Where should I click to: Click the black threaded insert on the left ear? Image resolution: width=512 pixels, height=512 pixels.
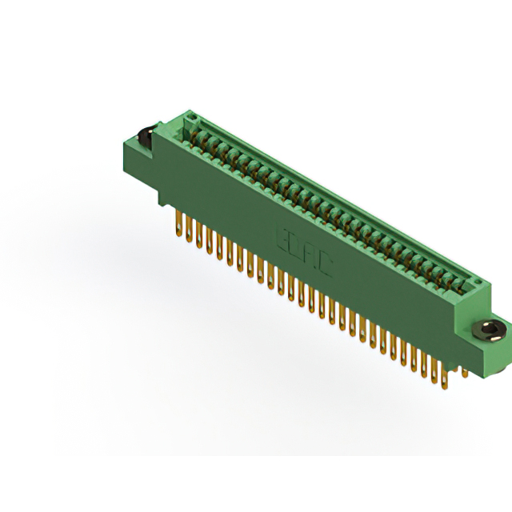(x=147, y=136)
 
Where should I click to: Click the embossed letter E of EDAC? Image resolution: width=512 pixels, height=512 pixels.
(x=282, y=234)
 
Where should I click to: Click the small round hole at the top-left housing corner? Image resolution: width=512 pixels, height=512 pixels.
(x=189, y=118)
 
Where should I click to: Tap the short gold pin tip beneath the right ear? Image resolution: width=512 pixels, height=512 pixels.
(x=463, y=371)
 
